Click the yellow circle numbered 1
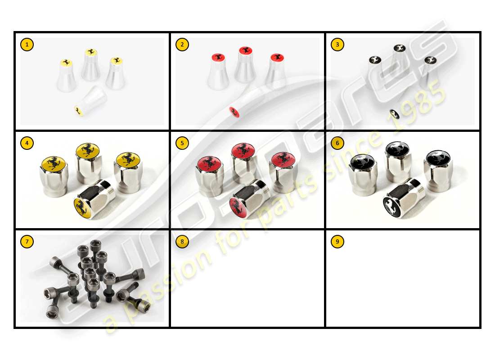coord(27,45)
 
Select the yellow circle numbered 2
coord(182,45)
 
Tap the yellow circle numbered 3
coord(337,45)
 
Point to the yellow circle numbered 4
coord(27,143)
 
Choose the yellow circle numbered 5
coord(182,143)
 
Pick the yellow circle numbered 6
coord(337,143)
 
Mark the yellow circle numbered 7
coord(27,242)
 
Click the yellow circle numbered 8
coord(182,242)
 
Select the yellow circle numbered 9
coord(337,242)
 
